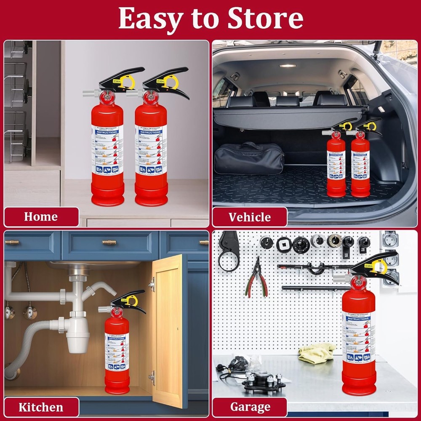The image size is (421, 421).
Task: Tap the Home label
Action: [41, 217]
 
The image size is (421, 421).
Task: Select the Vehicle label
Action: [250, 217]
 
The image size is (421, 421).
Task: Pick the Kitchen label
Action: [41, 407]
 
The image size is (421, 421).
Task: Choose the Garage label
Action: [250, 407]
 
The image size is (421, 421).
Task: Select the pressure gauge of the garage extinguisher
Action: [358, 282]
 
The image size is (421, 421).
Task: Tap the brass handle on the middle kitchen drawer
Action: [109, 242]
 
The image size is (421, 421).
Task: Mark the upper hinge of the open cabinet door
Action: [152, 284]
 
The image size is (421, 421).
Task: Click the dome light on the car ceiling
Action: [288, 66]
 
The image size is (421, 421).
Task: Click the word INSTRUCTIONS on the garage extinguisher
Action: [358, 319]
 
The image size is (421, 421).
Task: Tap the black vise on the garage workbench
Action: [263, 381]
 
